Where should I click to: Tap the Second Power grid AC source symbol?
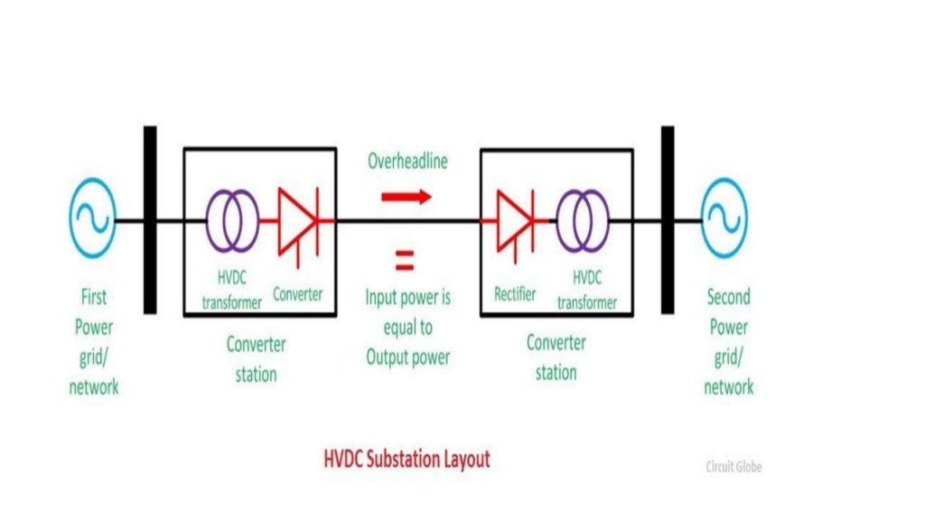click(724, 219)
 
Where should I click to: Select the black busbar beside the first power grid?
click(150, 219)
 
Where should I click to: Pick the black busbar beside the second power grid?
click(668, 219)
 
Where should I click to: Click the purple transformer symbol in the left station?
click(231, 219)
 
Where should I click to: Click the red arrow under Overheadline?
click(406, 196)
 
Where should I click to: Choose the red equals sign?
click(404, 262)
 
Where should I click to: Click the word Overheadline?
click(407, 162)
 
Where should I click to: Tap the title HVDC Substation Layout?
click(406, 460)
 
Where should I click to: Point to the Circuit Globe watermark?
click(733, 467)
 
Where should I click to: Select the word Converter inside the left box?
click(297, 294)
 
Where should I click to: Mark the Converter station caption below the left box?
click(256, 358)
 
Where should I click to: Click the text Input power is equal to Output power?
click(407, 327)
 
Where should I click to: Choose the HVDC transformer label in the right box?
click(587, 292)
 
